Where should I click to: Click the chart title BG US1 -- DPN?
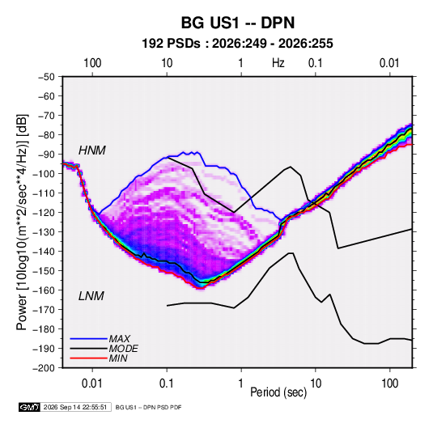[x=238, y=23]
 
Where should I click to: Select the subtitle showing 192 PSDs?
[x=237, y=44]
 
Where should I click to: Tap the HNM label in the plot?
[x=92, y=150]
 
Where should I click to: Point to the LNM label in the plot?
[x=91, y=296]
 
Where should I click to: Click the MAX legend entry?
[x=119, y=338]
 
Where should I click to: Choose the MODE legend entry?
[x=124, y=349]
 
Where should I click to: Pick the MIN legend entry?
[x=118, y=358]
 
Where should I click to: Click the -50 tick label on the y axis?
[x=47, y=77]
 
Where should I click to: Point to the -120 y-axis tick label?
[x=45, y=213]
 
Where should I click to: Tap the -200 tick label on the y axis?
[x=45, y=368]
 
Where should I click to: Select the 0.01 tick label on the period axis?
[x=92, y=384]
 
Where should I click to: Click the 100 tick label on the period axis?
[x=389, y=384]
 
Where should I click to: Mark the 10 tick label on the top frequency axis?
[x=167, y=63]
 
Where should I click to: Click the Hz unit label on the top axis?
[x=278, y=63]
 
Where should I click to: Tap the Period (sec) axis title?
[x=278, y=392]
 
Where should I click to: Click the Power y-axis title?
[x=22, y=222]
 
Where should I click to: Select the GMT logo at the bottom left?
[x=30, y=407]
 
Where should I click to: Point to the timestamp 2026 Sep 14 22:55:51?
[x=75, y=407]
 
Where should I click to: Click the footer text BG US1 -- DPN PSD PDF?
[x=149, y=407]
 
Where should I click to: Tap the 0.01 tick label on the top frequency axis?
[x=389, y=63]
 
